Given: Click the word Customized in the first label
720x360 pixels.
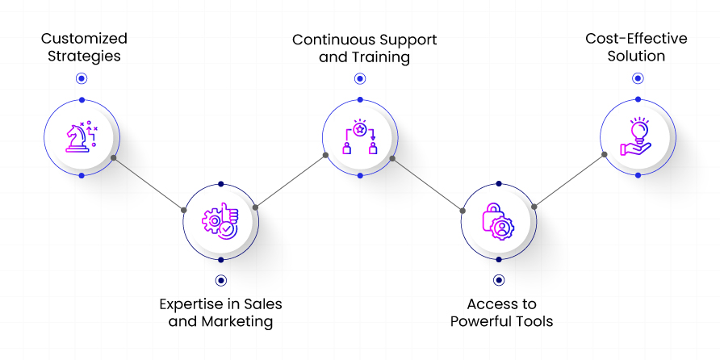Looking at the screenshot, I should [84, 39].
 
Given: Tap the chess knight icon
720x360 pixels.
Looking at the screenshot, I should [81, 137].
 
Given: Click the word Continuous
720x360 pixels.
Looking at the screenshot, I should [326, 40].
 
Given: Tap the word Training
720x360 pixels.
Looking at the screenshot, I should [380, 57].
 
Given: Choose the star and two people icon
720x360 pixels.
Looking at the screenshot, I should [359, 137].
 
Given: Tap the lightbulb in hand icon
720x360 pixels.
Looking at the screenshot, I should [637, 137].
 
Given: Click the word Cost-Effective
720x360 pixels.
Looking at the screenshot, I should [637, 39].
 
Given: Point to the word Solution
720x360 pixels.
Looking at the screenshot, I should [637, 57].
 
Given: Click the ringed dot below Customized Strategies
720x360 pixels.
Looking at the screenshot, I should [81, 78].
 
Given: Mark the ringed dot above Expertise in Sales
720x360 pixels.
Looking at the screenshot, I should [220, 280].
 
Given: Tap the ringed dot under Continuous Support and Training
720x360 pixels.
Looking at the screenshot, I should [359, 78].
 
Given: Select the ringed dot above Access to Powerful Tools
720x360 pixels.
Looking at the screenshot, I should [498, 280].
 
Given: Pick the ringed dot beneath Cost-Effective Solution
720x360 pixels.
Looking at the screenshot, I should [638, 78].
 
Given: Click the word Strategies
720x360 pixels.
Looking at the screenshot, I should [84, 57].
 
